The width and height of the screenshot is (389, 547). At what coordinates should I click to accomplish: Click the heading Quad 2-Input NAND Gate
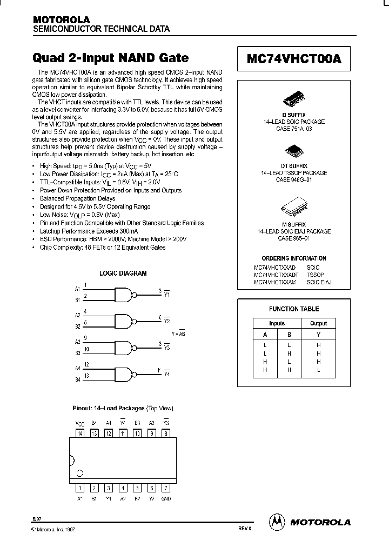111,58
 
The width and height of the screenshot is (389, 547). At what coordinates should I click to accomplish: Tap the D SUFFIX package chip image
294,102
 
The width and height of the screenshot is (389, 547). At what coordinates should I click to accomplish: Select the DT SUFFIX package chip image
294,152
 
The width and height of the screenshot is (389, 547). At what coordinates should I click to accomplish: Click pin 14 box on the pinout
80,433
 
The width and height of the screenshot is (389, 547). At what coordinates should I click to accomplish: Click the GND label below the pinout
166,498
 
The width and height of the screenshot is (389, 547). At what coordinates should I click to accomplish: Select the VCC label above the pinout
80,423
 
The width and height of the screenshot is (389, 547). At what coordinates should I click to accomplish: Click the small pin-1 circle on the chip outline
80,473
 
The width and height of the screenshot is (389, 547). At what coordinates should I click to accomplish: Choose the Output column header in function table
318,323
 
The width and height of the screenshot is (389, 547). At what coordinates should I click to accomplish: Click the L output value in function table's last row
318,370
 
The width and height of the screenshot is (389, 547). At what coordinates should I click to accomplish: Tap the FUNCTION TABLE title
294,309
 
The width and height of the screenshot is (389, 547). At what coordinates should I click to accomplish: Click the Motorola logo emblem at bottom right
277,522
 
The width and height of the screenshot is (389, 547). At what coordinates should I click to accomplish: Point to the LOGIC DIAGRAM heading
123,273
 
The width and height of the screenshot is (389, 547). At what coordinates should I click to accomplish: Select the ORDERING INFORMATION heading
294,258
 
